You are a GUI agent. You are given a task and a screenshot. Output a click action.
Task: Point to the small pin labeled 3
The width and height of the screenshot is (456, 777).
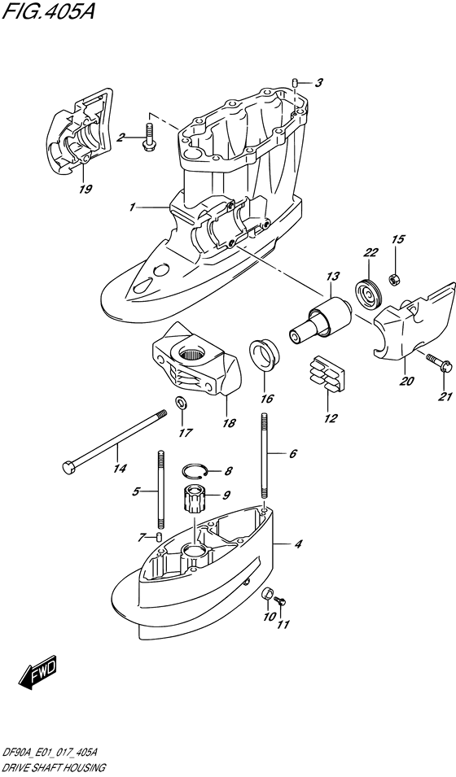(x=296, y=81)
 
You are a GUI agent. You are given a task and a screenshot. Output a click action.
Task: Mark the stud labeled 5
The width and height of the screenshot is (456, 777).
(x=161, y=490)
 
